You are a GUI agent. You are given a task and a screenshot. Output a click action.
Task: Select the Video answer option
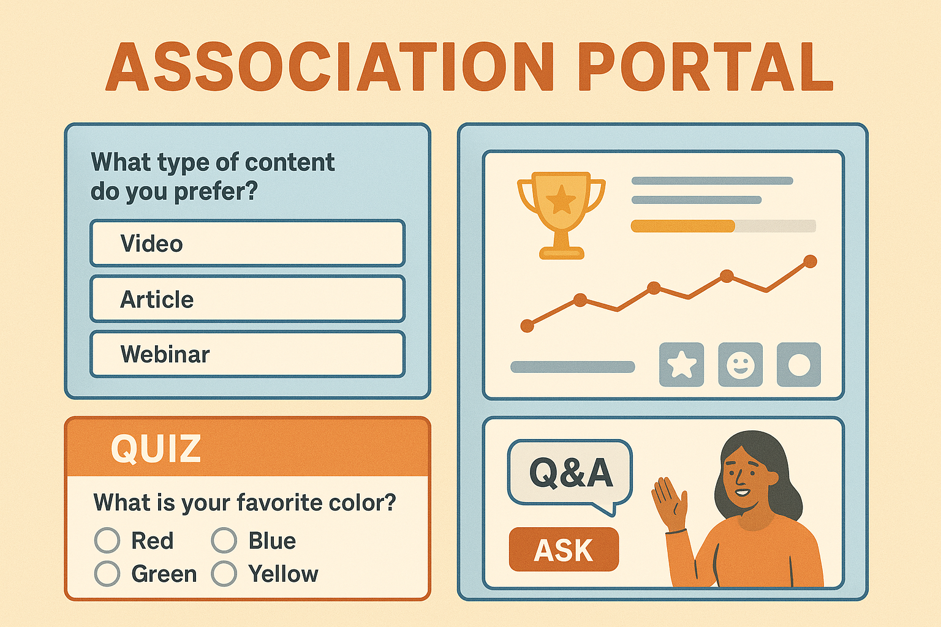(x=248, y=243)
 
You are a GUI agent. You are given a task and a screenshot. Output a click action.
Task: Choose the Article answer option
(x=248, y=299)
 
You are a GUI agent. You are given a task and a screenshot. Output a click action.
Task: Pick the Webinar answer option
(x=248, y=354)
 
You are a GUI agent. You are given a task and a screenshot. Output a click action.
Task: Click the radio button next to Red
(x=107, y=540)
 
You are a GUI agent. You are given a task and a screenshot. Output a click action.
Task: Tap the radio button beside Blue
(x=224, y=540)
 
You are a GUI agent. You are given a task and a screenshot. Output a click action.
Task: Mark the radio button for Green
(x=107, y=573)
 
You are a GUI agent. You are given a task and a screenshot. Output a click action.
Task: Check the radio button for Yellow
(x=224, y=573)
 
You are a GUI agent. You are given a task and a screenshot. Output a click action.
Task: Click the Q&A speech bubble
(x=570, y=473)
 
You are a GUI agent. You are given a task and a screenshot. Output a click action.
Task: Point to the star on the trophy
(x=561, y=200)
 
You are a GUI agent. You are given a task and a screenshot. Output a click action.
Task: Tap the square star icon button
(x=681, y=364)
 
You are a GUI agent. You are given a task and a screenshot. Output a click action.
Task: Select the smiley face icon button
(x=740, y=364)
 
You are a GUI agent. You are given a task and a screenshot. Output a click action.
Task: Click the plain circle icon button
(x=799, y=364)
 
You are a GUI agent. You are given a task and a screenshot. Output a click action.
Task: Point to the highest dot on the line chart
(x=810, y=261)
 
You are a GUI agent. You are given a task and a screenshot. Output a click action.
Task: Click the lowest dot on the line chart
(x=527, y=326)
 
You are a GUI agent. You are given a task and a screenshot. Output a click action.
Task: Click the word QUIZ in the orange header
(x=156, y=449)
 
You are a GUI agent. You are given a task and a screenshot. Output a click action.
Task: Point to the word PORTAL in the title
(x=705, y=66)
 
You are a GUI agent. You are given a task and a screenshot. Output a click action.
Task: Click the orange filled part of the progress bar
(x=683, y=226)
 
